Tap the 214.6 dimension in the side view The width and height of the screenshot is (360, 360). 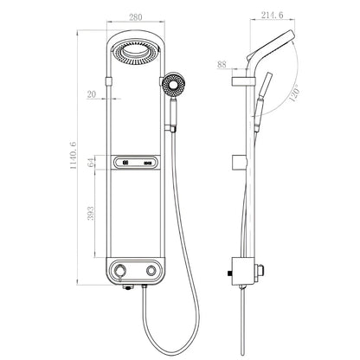tap(276, 16)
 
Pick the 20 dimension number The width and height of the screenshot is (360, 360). tap(92, 96)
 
